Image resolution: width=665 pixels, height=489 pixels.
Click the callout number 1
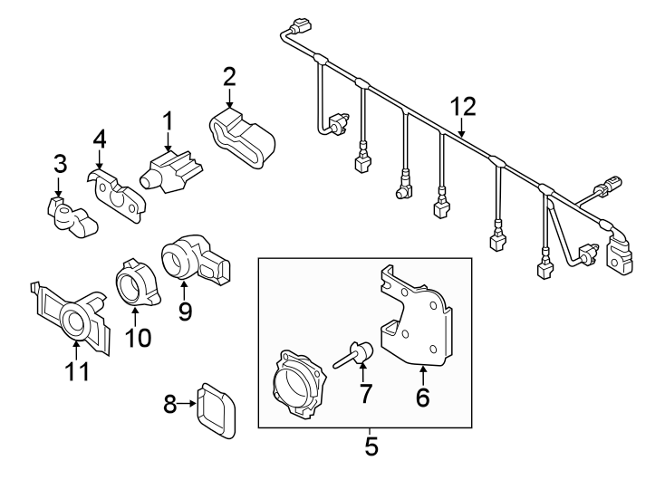click(x=167, y=120)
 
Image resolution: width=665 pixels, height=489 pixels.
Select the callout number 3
click(x=60, y=164)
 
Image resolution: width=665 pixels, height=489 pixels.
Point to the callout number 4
click(x=100, y=139)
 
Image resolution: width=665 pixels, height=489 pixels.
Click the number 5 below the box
click(x=369, y=446)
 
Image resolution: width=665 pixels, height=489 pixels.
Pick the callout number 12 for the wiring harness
click(x=463, y=106)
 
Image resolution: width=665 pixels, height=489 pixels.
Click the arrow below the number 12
click(x=462, y=129)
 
